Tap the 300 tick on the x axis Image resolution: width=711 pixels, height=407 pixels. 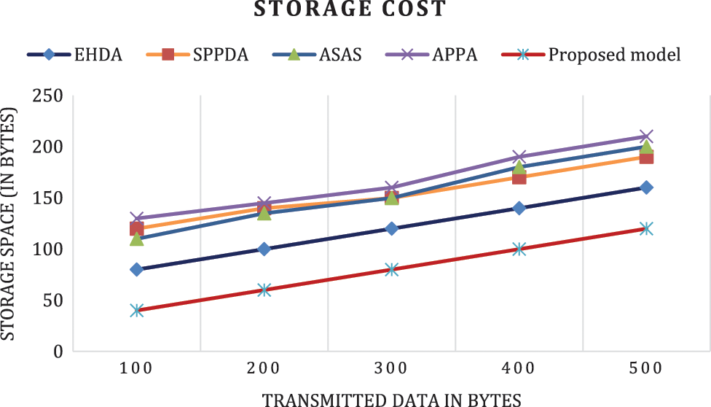tap(391, 369)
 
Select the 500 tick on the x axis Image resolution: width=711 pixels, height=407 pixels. tap(646, 369)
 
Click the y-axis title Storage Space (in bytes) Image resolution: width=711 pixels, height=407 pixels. tap(9, 223)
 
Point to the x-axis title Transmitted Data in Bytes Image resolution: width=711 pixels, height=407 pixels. tap(392, 399)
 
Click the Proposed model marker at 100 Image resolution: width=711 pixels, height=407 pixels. tap(136, 311)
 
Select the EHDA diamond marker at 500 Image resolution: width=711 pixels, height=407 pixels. tap(646, 187)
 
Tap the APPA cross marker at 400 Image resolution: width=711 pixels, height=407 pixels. tap(519, 157)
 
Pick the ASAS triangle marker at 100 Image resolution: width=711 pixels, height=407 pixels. tap(136, 239)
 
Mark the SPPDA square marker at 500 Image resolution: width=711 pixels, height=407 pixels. tap(646, 157)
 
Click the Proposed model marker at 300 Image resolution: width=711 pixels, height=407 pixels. tap(391, 270)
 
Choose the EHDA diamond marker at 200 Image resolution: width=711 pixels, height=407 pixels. tap(264, 249)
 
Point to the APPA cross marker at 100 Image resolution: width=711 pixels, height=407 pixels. tap(136, 218)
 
